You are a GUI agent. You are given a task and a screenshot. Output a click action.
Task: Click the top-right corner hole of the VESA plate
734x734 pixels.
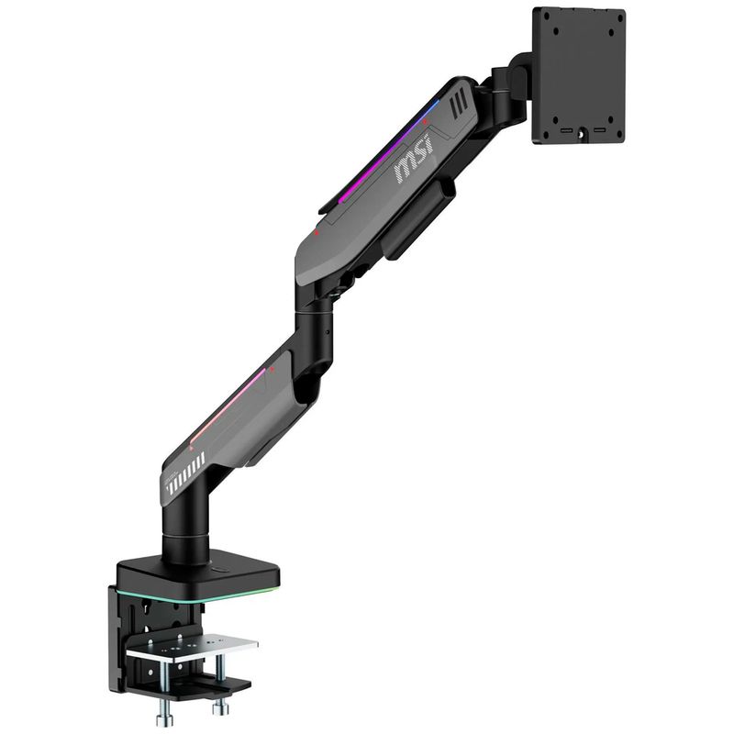[619, 17]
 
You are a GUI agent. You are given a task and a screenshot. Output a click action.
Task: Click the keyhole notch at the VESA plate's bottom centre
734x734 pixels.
[582, 133]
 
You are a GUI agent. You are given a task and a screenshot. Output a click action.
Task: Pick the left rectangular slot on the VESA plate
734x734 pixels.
[565, 129]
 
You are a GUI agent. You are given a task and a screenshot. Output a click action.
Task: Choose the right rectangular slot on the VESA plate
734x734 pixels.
[600, 129]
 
